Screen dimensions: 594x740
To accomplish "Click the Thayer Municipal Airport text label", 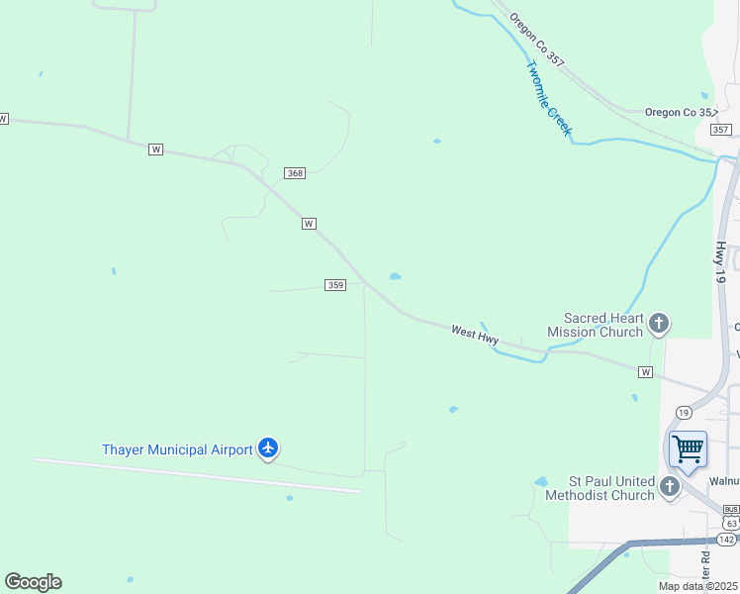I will coord(177,449).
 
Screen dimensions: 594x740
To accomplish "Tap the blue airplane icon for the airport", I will coord(267,448).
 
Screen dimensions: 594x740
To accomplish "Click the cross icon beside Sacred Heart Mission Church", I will coord(659,323).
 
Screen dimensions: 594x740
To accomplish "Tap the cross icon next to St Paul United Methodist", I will coord(670,486).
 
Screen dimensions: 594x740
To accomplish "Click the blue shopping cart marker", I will coord(688,449).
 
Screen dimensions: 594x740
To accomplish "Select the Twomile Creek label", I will coord(549,99).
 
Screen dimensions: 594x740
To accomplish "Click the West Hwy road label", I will coord(475,336).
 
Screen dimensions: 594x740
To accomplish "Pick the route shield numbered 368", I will coord(294,173).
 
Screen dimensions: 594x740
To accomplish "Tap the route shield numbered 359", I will coord(334,285).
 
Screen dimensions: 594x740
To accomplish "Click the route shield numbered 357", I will coord(720,130).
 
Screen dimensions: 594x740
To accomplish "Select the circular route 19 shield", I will coord(683,412).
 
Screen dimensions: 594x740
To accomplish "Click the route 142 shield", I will coord(726,539).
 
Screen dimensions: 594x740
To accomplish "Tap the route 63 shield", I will coord(730,522).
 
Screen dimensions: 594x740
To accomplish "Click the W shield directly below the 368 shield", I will coord(309,224).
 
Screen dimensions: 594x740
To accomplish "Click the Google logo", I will coord(33,582).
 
